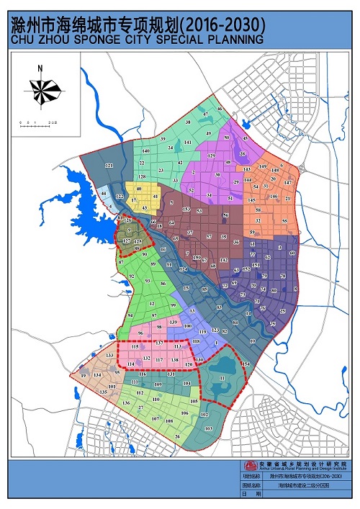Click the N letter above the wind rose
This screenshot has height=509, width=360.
click(41, 68)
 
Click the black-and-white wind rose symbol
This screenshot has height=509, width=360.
click(41, 89)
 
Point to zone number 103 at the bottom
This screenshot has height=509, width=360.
click(209, 428)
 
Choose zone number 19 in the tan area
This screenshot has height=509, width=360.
click(84, 376)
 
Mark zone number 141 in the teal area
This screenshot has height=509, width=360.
click(188, 143)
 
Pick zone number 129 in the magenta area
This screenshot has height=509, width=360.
click(212, 156)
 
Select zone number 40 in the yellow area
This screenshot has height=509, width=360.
click(138, 189)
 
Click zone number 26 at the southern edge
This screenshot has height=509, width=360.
click(177, 436)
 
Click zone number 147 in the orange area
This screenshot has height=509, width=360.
click(288, 184)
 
